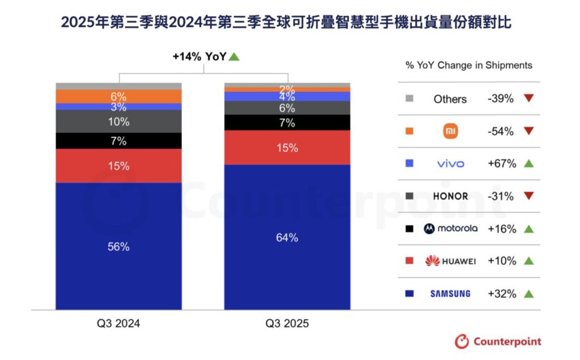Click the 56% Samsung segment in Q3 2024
[118, 246]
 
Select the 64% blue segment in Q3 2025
[287, 237]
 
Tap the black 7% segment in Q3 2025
[287, 123]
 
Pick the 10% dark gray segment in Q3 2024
[118, 122]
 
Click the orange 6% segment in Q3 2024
[118, 96]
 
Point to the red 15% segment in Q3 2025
[287, 148]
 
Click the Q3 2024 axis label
[118, 323]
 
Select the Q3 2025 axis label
[287, 323]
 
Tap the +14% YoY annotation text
[200, 57]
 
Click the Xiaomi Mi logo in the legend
[450, 131]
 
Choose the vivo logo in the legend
[450, 164]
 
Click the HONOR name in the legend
[450, 196]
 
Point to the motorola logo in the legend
[450, 229]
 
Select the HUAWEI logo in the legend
[450, 261]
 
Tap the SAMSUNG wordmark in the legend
[450, 294]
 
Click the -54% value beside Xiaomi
[501, 131]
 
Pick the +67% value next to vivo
[502, 164]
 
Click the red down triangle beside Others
[529, 98]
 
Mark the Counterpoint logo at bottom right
[498, 341]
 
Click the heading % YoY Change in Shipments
[468, 66]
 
